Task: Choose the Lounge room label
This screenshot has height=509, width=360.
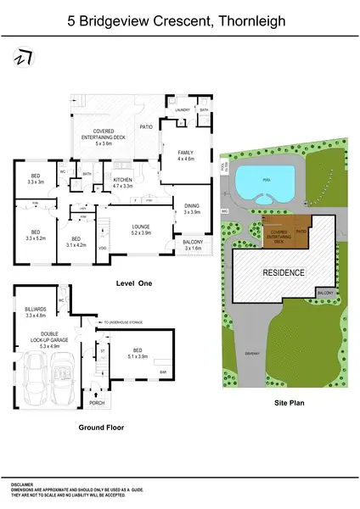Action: click(x=140, y=229)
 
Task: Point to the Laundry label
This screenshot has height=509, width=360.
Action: click(x=181, y=111)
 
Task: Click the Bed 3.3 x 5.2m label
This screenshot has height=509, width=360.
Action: click(x=36, y=234)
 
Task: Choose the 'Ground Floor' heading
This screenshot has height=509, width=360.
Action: click(x=100, y=428)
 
